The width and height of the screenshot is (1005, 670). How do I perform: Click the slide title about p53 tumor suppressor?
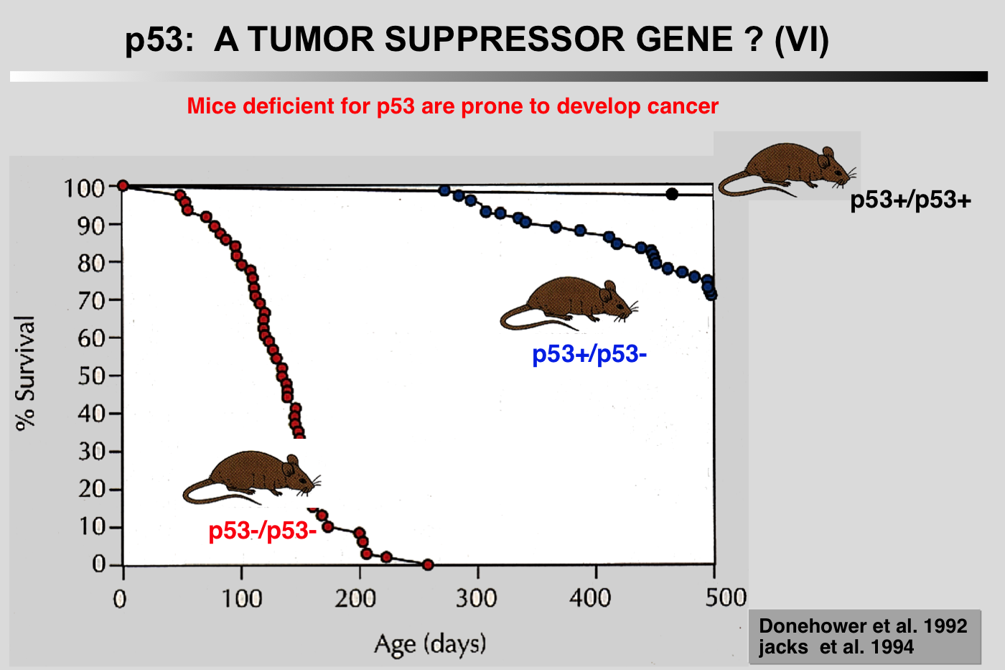click(477, 39)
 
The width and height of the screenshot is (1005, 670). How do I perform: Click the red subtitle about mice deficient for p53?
click(452, 106)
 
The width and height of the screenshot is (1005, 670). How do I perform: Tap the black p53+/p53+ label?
click(910, 200)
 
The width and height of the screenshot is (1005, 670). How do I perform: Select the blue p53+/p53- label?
click(589, 354)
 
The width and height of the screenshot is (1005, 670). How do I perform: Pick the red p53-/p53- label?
click(262, 531)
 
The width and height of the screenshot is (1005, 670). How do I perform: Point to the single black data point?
click(672, 194)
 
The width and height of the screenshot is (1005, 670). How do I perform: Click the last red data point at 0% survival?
click(428, 565)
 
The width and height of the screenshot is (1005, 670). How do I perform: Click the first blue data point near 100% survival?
click(444, 190)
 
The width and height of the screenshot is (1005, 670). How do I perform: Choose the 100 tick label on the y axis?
click(85, 188)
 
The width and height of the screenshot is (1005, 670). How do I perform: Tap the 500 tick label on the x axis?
click(725, 597)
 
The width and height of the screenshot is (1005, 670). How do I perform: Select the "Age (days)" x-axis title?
click(430, 643)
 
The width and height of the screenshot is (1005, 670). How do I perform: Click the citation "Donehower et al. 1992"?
click(863, 626)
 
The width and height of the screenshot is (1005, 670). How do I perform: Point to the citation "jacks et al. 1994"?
click(836, 648)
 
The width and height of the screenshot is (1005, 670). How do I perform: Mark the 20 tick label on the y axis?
click(92, 489)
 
